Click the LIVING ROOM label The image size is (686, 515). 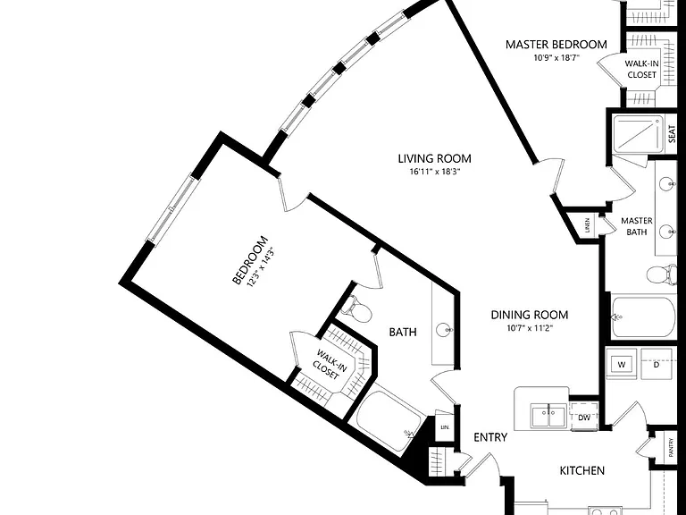434,158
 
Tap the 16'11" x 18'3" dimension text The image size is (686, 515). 435,172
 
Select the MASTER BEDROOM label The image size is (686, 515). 556,45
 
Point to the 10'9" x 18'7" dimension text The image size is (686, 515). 556,57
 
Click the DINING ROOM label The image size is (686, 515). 530,315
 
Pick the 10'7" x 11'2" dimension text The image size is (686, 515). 530,328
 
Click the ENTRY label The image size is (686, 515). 490,437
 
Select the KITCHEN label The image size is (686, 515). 582,471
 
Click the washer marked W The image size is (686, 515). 622,364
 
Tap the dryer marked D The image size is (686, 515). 656,364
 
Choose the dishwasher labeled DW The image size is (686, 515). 584,418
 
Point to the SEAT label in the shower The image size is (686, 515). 672,134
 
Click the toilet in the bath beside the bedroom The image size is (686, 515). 356,308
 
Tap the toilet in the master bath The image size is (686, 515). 662,274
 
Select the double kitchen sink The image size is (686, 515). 548,415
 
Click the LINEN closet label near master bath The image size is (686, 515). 588,225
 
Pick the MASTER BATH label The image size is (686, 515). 637,226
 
